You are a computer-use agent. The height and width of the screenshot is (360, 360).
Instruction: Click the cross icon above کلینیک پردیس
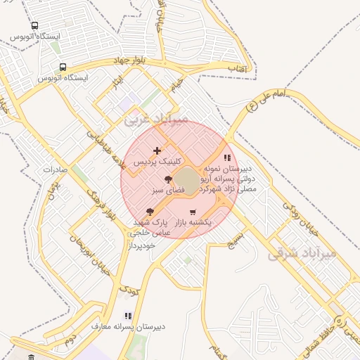click(157, 150)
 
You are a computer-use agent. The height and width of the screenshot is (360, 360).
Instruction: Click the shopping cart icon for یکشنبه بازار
click(193, 212)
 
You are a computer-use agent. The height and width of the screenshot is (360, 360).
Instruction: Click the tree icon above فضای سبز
click(167, 180)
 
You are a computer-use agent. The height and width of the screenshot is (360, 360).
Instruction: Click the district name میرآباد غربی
click(157, 120)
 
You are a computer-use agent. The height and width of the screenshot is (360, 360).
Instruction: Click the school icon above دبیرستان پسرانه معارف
click(128, 316)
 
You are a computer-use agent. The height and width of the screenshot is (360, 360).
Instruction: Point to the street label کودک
click(128, 288)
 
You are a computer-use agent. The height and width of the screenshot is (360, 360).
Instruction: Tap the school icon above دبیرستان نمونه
click(226, 158)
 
